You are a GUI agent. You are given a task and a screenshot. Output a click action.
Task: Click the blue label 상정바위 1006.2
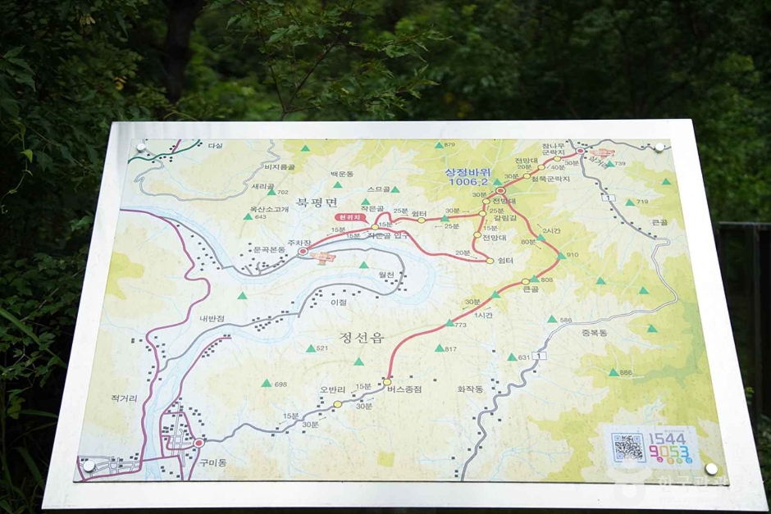467,176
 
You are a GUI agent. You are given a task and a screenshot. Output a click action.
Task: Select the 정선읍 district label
361,336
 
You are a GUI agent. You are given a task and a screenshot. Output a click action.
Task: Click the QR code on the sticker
628,448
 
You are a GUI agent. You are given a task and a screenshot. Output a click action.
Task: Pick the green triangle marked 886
613,372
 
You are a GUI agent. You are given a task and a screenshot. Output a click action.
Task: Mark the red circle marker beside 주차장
303,252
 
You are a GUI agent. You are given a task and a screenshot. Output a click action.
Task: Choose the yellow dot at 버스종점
387,382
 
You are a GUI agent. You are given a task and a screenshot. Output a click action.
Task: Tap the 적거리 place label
124,398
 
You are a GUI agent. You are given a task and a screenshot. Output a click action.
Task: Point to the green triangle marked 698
266,383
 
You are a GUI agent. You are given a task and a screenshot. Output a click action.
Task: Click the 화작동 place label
470,389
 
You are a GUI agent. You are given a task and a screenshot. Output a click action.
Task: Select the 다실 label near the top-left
215,146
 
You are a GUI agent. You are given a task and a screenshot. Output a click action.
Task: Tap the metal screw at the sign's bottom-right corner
710,468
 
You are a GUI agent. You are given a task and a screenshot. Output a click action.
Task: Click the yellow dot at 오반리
337,403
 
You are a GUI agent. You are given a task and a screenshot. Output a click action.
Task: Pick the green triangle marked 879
437,146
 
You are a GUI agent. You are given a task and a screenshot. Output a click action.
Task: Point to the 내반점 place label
211,319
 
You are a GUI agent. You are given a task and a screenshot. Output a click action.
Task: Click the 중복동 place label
594,333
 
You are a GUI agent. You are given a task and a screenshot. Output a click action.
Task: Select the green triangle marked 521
310,348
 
